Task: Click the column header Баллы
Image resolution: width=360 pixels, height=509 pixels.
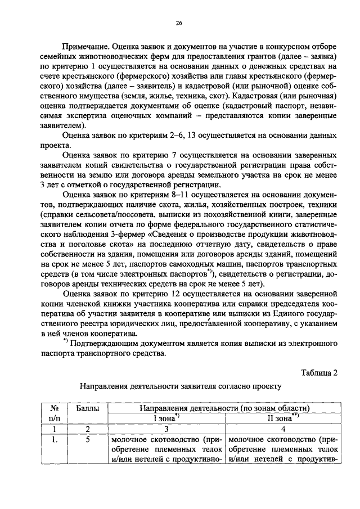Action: [87, 408]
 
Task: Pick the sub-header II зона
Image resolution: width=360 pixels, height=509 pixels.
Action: [278, 418]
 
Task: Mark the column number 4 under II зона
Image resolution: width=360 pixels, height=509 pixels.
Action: [279, 429]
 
